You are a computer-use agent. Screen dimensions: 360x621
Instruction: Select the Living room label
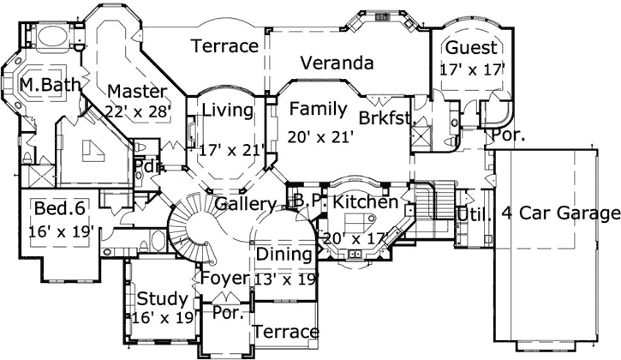228,110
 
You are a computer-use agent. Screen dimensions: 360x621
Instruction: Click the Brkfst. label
386,118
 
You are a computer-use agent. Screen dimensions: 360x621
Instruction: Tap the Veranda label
337,63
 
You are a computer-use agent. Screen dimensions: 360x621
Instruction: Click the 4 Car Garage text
560,213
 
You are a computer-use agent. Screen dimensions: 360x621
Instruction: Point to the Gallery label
245,204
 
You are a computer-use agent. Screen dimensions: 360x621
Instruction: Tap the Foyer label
224,278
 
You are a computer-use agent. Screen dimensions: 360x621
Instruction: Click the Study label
162,299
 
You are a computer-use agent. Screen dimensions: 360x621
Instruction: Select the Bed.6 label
57,208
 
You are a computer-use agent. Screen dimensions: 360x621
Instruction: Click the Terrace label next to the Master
225,45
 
